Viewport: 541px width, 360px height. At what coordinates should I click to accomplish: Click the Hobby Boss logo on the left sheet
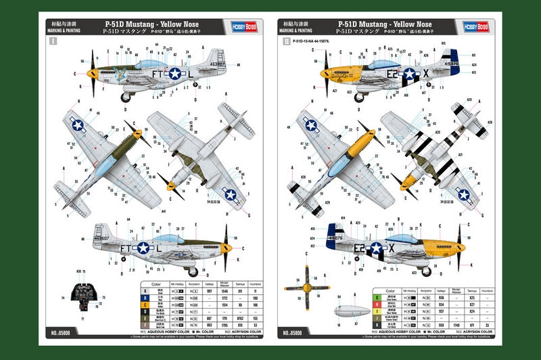coord(248,26)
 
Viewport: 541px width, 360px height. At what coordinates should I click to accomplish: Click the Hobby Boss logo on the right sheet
coord(475,26)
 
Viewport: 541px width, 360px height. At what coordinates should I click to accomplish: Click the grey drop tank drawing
coord(355,311)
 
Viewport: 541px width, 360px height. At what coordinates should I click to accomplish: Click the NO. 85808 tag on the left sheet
coord(63,332)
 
